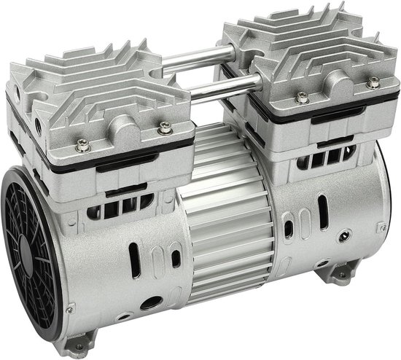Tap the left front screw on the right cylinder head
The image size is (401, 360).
click(300, 95)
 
